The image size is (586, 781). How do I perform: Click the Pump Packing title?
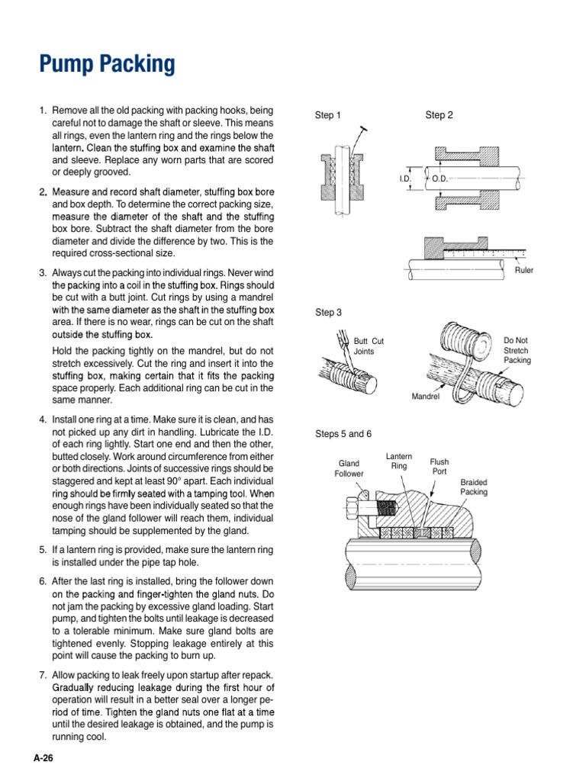107,65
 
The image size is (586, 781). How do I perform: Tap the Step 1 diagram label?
329,115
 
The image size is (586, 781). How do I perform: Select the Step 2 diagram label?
439,115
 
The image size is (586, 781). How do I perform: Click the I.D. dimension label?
405,178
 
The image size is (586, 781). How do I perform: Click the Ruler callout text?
524,270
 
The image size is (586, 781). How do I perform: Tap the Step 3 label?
329,313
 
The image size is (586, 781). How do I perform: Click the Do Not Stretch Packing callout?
517,350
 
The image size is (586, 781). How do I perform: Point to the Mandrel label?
426,397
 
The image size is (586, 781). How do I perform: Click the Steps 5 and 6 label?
343,434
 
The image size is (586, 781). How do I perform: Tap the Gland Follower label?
349,468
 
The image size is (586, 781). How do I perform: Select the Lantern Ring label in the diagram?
399,461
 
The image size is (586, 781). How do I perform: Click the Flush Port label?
439,466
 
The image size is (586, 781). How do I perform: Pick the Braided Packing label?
474,487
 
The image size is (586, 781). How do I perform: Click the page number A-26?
42,759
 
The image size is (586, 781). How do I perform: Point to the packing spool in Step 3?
465,341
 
